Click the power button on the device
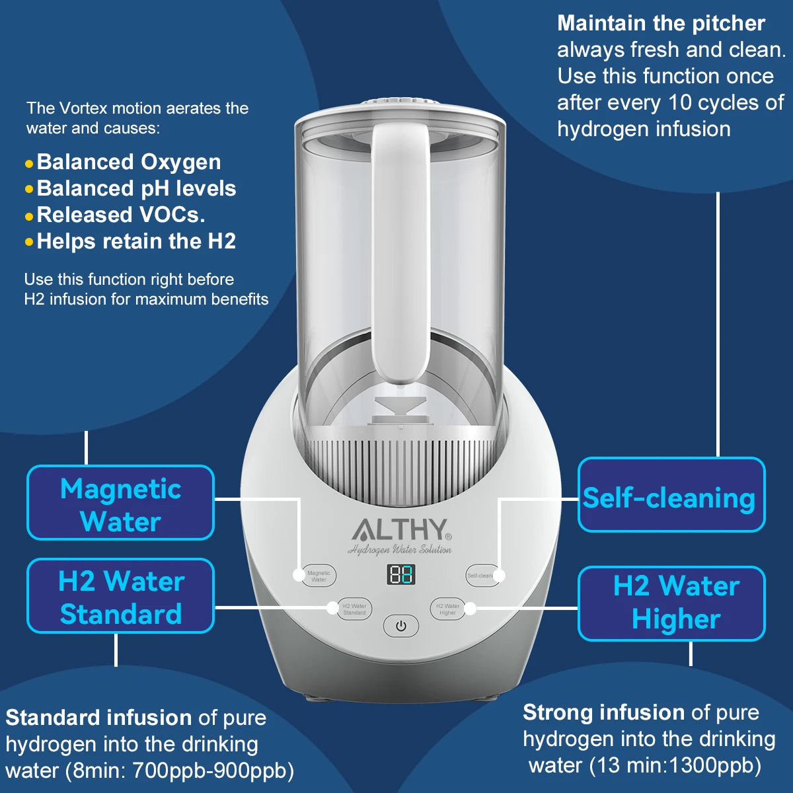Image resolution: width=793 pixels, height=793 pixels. click(x=401, y=625)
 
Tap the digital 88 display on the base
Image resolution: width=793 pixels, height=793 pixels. click(x=400, y=574)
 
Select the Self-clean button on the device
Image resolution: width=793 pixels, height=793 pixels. click(x=480, y=575)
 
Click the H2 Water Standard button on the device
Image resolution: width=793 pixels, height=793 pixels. click(x=354, y=609)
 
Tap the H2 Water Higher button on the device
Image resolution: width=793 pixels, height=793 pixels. click(x=447, y=609)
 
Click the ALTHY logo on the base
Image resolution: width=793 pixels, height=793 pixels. click(x=400, y=529)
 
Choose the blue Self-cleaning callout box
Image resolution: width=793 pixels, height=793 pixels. click(x=671, y=495)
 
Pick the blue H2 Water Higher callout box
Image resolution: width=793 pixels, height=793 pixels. click(x=671, y=603)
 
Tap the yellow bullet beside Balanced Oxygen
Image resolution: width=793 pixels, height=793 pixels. click(x=28, y=163)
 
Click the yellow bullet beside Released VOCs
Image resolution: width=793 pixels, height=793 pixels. click(x=28, y=216)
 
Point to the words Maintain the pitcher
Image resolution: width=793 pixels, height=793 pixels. click(x=661, y=23)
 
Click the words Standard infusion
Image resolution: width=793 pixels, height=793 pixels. click(x=98, y=718)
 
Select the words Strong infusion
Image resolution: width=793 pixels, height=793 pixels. click(x=603, y=712)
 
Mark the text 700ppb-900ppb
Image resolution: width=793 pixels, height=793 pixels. click(x=212, y=771)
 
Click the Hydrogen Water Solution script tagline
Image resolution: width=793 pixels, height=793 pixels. click(x=400, y=550)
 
